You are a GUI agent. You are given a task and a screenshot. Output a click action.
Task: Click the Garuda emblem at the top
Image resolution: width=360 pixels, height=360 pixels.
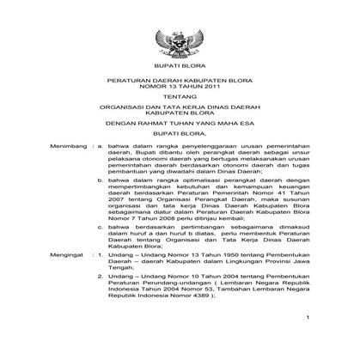(x=180, y=40)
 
